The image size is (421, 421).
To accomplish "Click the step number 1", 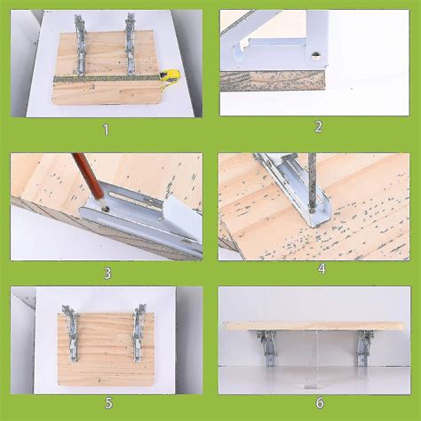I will pos(106,130).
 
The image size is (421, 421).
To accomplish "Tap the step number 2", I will pos(316,126).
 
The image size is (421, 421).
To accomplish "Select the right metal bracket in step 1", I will pos(131,44).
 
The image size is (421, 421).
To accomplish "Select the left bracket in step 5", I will pos(69,333).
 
